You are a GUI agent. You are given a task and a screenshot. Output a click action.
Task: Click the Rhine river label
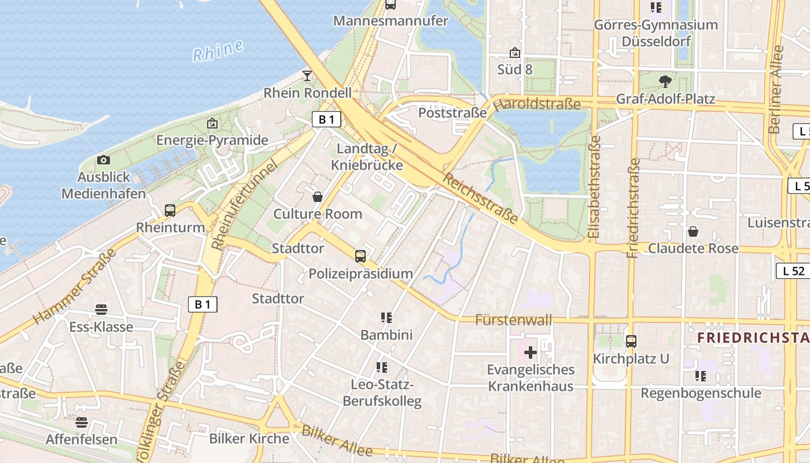pos(218,51)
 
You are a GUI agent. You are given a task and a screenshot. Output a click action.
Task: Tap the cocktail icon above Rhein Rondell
pos(307,76)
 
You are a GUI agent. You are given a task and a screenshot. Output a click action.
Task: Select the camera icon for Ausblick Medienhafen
pos(104,160)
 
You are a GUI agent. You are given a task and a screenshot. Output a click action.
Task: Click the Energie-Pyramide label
pos(212,140)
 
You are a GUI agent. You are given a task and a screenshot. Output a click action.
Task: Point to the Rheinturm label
pos(171,227)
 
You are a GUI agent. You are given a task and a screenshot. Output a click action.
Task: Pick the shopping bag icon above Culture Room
pos(318,197)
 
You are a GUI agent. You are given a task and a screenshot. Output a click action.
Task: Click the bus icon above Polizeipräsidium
pos(360,256)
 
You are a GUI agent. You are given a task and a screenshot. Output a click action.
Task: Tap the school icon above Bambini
pos(386,317)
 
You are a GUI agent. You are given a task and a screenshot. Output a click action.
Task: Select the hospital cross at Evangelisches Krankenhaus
pos(531,352)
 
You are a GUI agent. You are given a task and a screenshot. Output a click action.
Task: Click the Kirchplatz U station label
pos(631,359)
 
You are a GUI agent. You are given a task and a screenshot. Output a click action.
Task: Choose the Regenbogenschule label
pos(701,394)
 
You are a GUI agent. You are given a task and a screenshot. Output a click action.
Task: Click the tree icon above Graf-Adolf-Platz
pos(665,82)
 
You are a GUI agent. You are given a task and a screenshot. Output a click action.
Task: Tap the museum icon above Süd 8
pos(515,53)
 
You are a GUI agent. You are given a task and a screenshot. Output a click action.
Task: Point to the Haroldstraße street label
pos(537,104)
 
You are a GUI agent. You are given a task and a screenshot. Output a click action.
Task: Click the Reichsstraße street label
pos(480,197)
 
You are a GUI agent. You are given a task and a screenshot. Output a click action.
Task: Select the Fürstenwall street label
pos(513,319)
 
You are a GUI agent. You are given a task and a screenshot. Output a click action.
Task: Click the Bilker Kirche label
pos(249,439)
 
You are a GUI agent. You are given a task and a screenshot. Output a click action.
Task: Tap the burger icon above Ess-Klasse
pos(101,310)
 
